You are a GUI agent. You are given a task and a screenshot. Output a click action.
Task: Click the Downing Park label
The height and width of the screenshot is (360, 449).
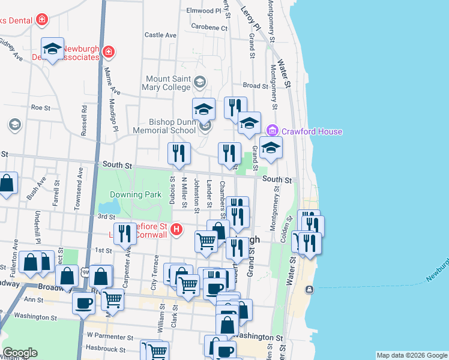pyautogui.click(x=136, y=194)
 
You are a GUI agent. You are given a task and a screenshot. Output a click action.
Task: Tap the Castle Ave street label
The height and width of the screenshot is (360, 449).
pyautogui.click(x=160, y=35)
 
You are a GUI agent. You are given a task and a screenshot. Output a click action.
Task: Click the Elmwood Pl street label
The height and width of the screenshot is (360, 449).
pyautogui.click(x=204, y=11)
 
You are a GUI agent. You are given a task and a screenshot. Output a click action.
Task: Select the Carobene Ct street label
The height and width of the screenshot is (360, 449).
pyautogui.click(x=209, y=27)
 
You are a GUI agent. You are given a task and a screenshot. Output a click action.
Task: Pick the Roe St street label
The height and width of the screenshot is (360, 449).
pyautogui.click(x=40, y=107)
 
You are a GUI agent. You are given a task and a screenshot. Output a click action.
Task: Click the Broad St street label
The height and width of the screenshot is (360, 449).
pyautogui.click(x=256, y=86)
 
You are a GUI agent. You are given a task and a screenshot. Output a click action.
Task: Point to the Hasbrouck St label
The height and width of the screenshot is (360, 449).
pyautogui.click(x=106, y=349)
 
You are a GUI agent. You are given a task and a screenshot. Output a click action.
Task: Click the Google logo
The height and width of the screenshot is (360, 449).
pyautogui.click(x=20, y=353)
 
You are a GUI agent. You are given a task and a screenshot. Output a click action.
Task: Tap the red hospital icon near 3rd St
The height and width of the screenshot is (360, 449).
pyautogui.click(x=176, y=229)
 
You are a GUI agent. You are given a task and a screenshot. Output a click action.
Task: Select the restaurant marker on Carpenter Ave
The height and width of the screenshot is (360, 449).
pyautogui.click(x=125, y=234)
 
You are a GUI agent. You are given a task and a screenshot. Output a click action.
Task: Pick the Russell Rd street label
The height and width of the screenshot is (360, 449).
pyautogui.click(x=85, y=121)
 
